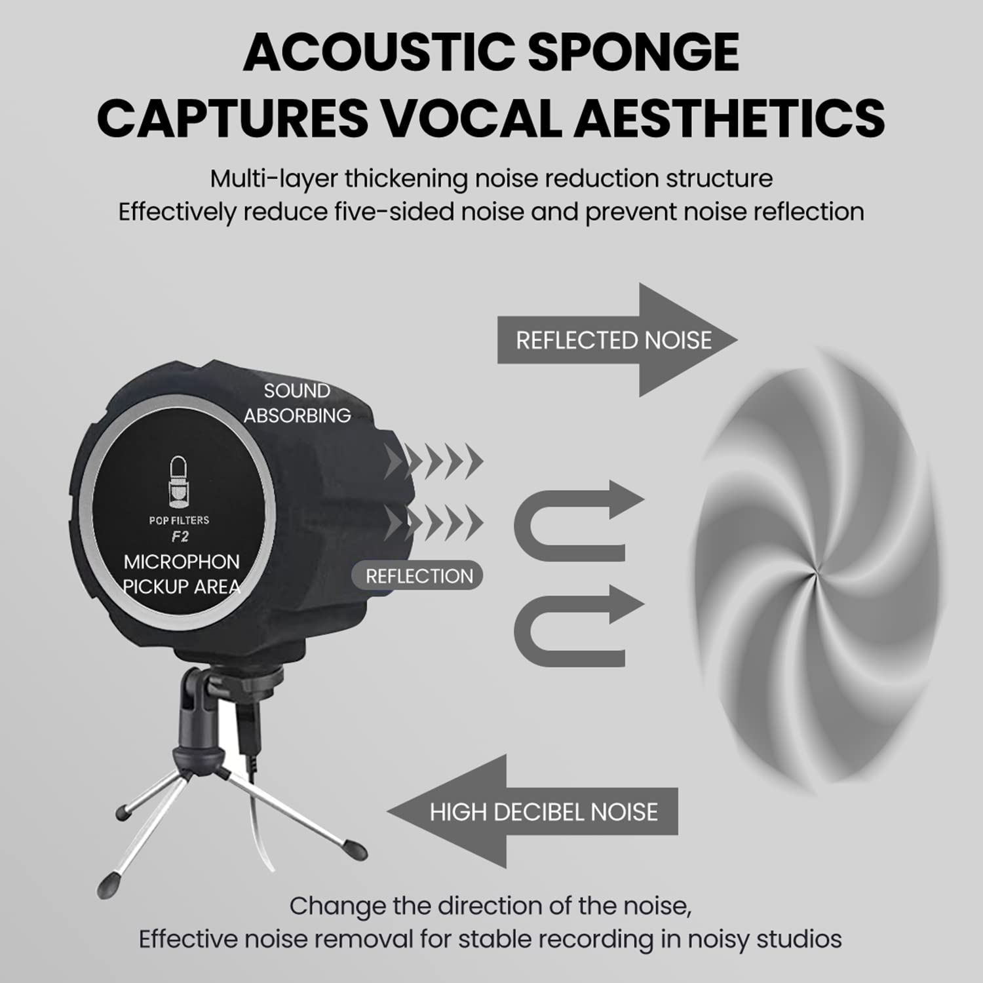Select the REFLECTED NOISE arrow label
pyautogui.click(x=613, y=340)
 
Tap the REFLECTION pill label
pyautogui.click(x=419, y=576)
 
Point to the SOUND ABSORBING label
pyautogui.click(x=297, y=403)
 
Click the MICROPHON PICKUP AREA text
pyautogui.click(x=182, y=574)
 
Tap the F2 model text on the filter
pyautogui.click(x=180, y=537)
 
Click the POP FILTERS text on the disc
pyautogui.click(x=179, y=520)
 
